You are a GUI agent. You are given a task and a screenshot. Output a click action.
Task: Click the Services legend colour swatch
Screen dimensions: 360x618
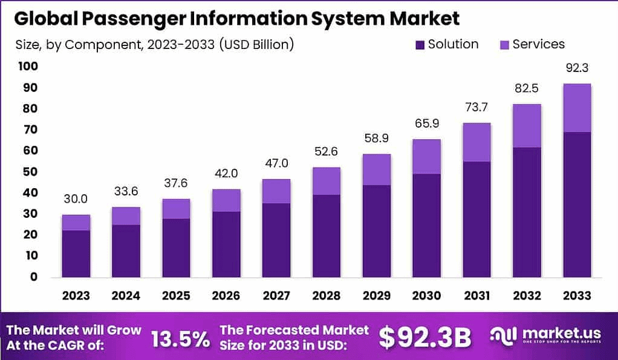pyautogui.click(x=504, y=45)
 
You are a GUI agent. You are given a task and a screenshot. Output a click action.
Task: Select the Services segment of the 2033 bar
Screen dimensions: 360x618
pyautogui.click(x=576, y=108)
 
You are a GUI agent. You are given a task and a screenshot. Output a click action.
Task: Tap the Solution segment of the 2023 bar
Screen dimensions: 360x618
pyautogui.click(x=76, y=254)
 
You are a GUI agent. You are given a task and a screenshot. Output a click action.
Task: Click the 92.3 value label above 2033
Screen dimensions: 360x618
pyautogui.click(x=576, y=69)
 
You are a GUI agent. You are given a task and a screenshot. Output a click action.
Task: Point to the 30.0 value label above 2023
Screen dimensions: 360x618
pyautogui.click(x=76, y=199)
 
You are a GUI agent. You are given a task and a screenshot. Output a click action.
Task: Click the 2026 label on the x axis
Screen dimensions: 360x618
pyautogui.click(x=226, y=296)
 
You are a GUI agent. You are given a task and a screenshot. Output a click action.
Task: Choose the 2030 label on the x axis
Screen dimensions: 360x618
pyautogui.click(x=426, y=296)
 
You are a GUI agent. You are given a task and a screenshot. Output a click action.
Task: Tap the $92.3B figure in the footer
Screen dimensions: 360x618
pyautogui.click(x=424, y=338)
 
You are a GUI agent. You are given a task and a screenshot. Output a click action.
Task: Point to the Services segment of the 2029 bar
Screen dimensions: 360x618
pyautogui.click(x=376, y=169)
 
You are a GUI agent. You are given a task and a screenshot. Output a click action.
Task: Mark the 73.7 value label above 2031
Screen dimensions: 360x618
pyautogui.click(x=477, y=108)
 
